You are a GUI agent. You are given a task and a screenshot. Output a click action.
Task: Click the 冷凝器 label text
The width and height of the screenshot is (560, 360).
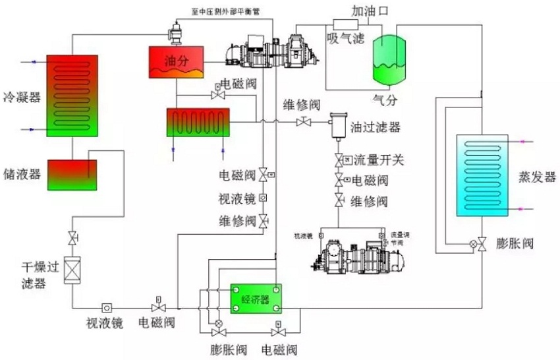click(x=22, y=98)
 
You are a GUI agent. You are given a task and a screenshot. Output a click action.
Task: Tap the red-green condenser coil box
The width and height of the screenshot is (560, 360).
click(x=72, y=96)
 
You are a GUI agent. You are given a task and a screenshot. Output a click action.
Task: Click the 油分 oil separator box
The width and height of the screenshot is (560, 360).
click(x=175, y=61)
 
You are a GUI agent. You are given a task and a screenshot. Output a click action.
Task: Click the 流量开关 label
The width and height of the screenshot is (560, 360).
click(x=378, y=160)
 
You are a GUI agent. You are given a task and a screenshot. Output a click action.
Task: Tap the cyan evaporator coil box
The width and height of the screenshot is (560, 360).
click(x=482, y=175)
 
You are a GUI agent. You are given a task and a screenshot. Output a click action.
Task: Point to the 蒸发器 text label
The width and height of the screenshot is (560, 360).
click(x=536, y=178)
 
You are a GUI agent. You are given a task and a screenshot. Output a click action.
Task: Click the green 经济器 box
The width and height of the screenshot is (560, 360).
click(x=256, y=298)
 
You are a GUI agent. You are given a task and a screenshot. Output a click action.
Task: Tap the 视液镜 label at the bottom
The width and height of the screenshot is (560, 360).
click(x=105, y=324)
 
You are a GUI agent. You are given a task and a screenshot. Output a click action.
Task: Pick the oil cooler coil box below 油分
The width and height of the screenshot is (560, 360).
click(x=198, y=122)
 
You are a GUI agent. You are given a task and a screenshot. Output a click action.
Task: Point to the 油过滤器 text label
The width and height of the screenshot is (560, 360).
click(x=375, y=127)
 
